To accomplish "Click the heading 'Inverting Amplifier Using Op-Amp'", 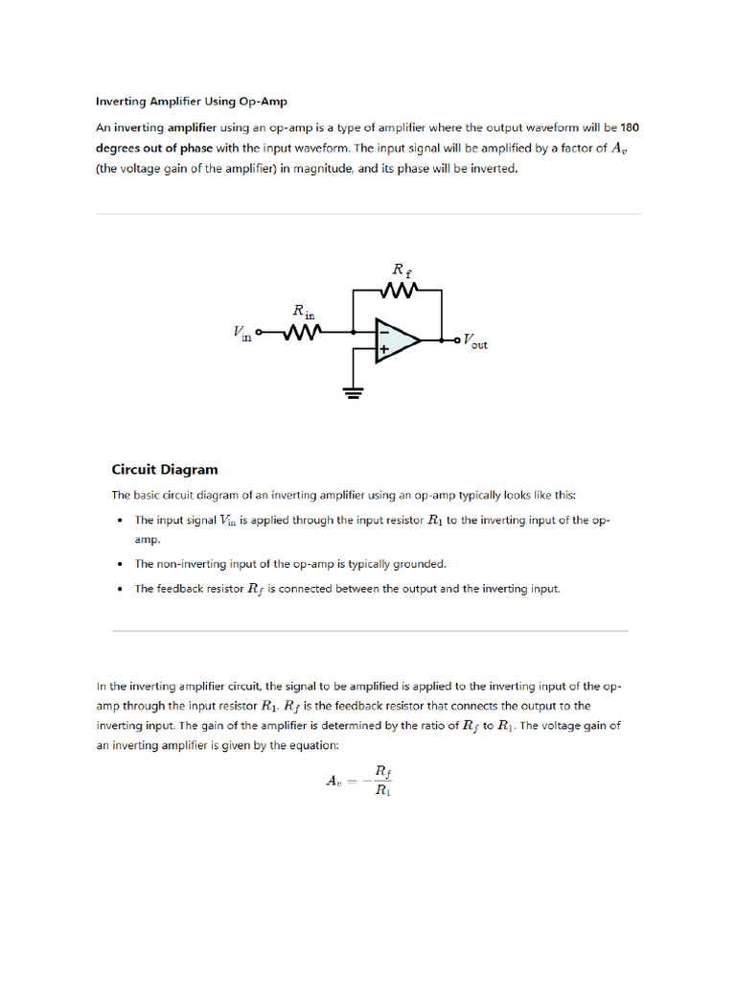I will point(191,101).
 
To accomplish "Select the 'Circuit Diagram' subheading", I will point(165,470).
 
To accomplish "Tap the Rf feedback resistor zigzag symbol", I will point(397,290).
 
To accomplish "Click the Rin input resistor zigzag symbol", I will point(302,332).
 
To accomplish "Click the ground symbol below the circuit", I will point(354,392).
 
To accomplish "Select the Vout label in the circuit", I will point(474,340).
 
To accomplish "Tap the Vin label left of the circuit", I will point(241,332).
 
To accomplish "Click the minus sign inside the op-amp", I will point(383,329).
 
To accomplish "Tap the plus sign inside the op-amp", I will point(383,350).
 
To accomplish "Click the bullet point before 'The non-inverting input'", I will point(119,565).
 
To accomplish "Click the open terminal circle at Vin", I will point(259,333).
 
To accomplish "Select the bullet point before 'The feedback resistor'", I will point(119,590).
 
